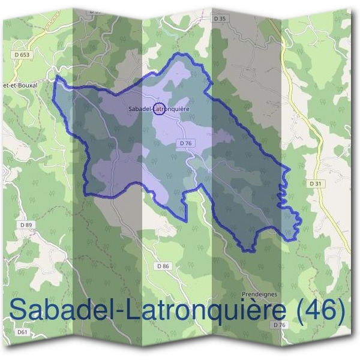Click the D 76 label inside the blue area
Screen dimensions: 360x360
click(185, 143)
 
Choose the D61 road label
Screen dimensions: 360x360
click(23, 332)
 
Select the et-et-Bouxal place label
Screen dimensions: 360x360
click(20, 85)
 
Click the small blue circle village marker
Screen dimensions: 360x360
click(159, 109)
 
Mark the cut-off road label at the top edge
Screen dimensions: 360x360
click(96, 10)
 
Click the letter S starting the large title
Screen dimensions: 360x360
click(20, 310)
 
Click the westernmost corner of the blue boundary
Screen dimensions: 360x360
click(55, 78)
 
